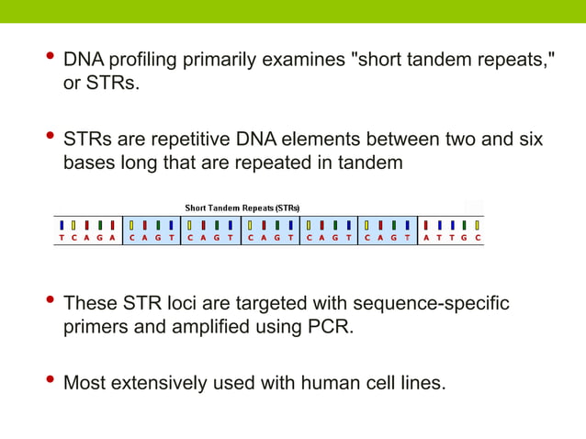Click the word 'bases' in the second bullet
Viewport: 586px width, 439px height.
89,164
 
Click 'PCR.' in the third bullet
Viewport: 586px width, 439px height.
330,327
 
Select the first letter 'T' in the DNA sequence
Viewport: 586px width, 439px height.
61,237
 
